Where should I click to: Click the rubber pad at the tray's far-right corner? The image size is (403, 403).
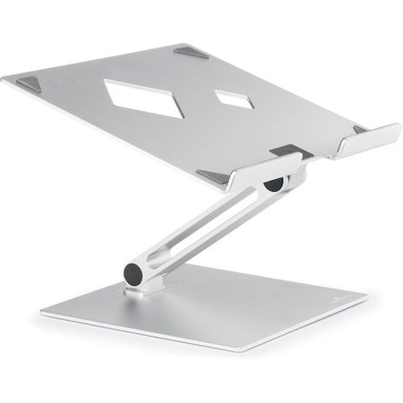point(360,129)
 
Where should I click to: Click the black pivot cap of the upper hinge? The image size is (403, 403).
point(273,183)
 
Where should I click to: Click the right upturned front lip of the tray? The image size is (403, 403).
point(367,141)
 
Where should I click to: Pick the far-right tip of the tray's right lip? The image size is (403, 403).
point(398,126)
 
